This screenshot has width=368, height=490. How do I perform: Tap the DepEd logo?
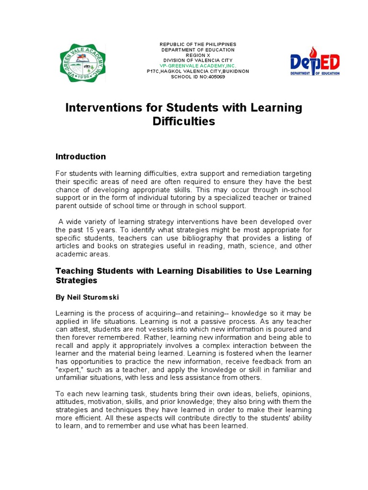click(x=315, y=62)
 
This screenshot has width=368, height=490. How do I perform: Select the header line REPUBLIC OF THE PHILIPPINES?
click(x=198, y=45)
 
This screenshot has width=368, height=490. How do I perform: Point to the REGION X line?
click(x=198, y=55)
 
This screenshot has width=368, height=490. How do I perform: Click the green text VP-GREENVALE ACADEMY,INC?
click(x=198, y=66)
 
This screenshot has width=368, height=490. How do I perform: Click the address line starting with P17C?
click(x=198, y=71)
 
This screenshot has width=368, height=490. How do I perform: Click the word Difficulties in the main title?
click(x=184, y=122)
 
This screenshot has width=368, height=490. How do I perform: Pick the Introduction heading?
click(x=80, y=156)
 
